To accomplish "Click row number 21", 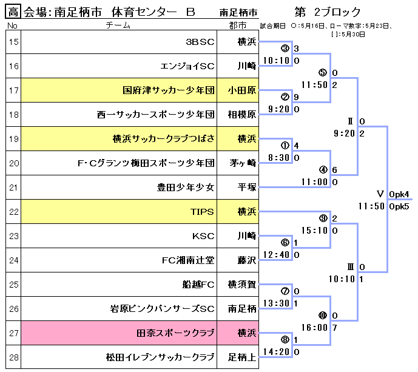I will pyautogui.click(x=13, y=188).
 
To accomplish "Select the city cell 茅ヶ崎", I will pyautogui.click(x=242, y=163).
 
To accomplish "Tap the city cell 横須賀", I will pyautogui.click(x=242, y=285).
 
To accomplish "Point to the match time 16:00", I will pyautogui.click(x=315, y=327).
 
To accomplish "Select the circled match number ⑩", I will pyautogui.click(x=322, y=316).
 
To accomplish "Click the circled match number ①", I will pyautogui.click(x=285, y=146).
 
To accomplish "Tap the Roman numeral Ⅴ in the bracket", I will pyautogui.click(x=380, y=194).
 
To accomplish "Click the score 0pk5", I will pyautogui.click(x=400, y=206).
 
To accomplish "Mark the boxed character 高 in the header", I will pyautogui.click(x=14, y=12).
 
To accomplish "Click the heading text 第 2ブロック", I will pyautogui.click(x=327, y=12).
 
